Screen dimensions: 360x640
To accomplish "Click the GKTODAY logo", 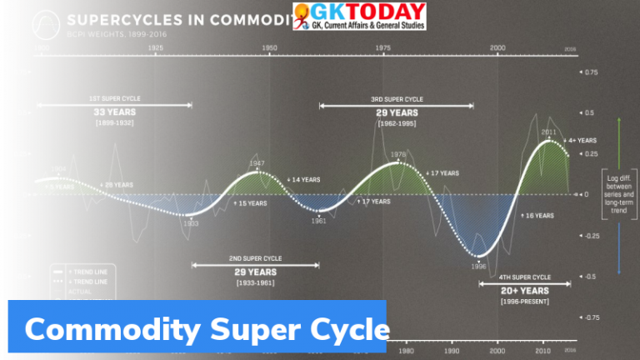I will [360, 17].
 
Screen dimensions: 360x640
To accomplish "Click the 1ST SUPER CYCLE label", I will [114, 98].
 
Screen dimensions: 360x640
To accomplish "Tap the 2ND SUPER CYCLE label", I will [255, 258].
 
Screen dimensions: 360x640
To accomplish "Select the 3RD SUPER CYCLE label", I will [397, 99].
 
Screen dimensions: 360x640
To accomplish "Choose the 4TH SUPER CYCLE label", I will [525, 277].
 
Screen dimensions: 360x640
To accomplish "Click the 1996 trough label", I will [478, 267].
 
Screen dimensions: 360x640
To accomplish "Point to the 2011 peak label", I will [548, 132].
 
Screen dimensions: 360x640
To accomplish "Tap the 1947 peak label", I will [257, 163].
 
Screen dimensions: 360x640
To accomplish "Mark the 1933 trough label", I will [191, 223].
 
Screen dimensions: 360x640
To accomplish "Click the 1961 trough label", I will [318, 221].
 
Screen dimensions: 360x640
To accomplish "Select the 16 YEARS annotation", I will [537, 215].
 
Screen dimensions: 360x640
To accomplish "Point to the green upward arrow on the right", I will [619, 142].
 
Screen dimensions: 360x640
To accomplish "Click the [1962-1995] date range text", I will [397, 123].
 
